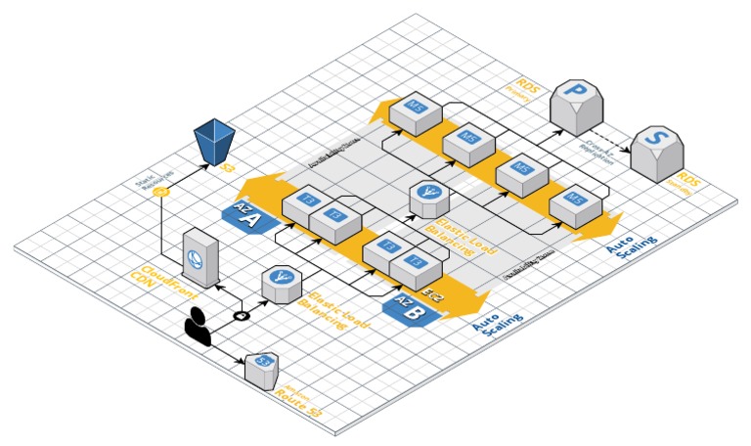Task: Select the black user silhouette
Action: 198,326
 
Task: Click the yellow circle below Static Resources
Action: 161,192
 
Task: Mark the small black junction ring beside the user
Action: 242,315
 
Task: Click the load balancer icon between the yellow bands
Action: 427,199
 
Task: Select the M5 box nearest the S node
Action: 569,207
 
